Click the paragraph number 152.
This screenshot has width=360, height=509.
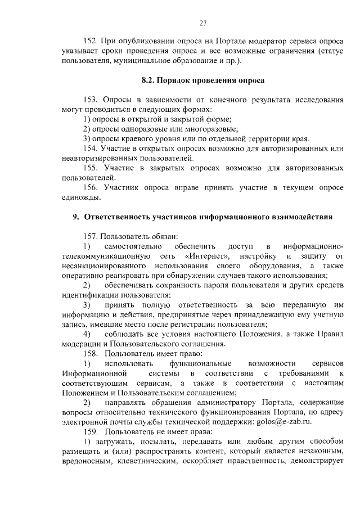[x=90, y=41]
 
